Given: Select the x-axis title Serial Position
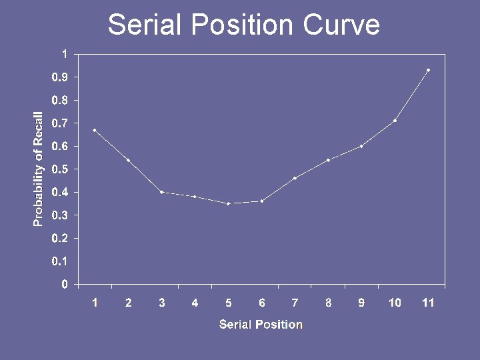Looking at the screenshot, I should click(261, 325).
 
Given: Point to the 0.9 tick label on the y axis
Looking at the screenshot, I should click(60, 77).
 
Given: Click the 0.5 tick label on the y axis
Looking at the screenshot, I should click(60, 169).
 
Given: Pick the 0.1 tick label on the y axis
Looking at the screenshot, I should click(60, 261).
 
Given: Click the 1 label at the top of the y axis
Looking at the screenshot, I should click(64, 53).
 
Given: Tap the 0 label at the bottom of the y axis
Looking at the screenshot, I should click(64, 285).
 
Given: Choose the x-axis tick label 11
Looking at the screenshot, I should click(428, 303).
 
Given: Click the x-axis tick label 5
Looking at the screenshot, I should click(228, 303).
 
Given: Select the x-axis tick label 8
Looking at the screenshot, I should click(328, 303).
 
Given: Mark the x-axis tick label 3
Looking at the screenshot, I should click(161, 303).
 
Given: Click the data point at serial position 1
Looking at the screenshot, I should click(95, 130).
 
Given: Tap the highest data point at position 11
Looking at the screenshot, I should click(428, 70).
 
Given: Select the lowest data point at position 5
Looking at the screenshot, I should click(228, 203).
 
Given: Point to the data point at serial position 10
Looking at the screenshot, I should click(395, 121).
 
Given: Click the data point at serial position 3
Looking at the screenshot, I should click(161, 192).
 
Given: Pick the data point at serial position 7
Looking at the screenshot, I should click(295, 178).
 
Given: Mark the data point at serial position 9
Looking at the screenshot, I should click(361, 146).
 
